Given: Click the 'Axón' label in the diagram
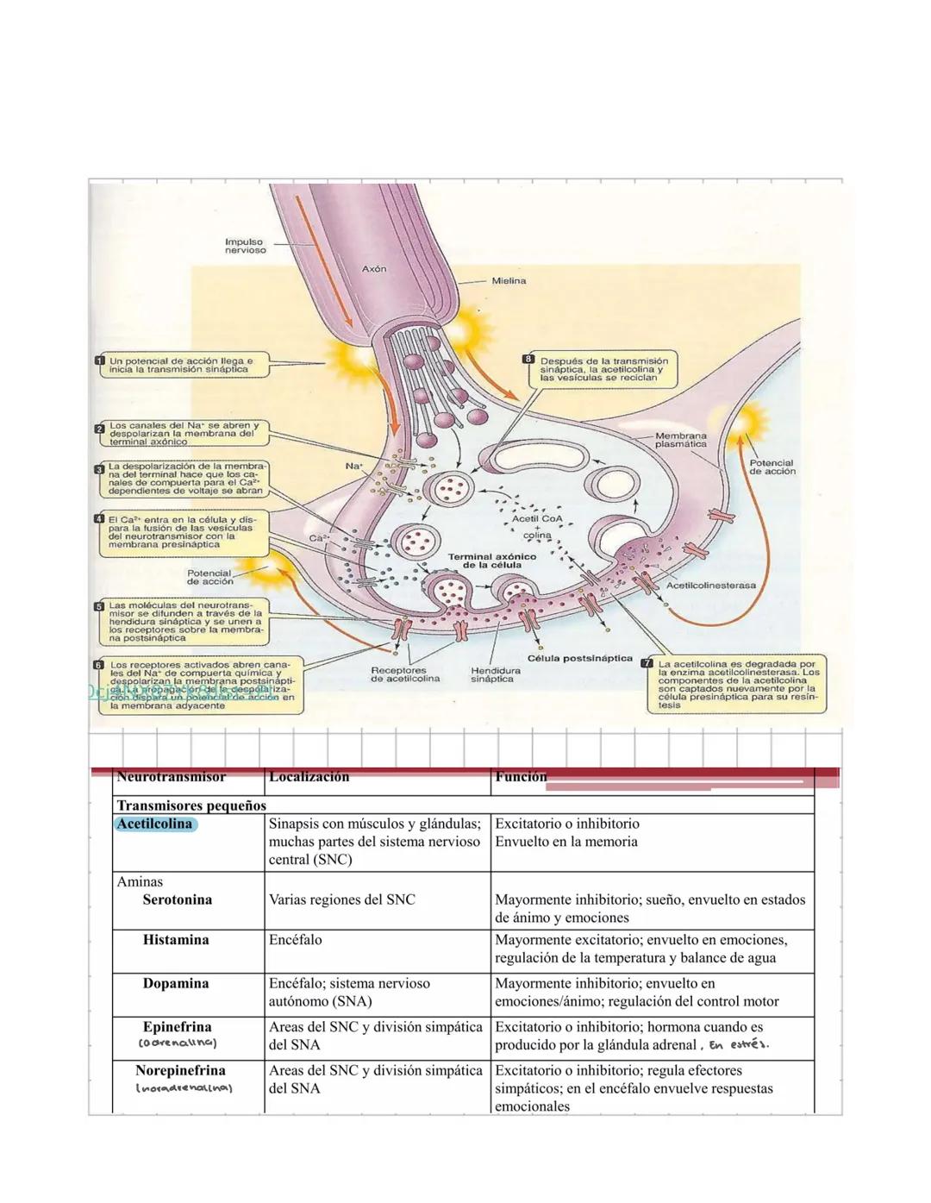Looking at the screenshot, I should coord(374,269).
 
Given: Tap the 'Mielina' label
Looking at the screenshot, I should coord(509,281).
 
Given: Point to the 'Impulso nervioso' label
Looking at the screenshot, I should coord(245,247).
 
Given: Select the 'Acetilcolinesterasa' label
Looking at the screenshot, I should coord(710,585).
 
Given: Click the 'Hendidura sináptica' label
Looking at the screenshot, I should coord(496,674).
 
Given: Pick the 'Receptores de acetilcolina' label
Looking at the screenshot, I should coord(405,674).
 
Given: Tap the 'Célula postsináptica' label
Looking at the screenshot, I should coord(580,658).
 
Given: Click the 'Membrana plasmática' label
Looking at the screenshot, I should coord(680,440).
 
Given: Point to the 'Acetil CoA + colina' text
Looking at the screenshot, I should coord(537,527).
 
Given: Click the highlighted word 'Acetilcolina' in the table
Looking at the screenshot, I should coord(155,824).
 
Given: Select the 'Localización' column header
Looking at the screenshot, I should coord(309,777).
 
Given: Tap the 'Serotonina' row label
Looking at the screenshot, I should coord(177,899).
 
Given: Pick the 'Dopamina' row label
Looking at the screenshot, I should coord(176,983).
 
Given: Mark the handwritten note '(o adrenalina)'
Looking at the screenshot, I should coord(178,1044).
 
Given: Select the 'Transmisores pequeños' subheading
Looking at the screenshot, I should coord(191,805).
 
